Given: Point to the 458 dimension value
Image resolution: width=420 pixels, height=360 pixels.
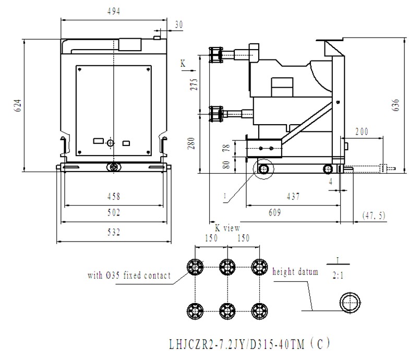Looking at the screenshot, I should tap(113, 197).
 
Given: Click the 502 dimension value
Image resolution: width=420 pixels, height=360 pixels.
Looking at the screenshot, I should tap(113, 212).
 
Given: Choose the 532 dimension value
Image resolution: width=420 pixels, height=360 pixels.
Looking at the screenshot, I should tap(113, 232).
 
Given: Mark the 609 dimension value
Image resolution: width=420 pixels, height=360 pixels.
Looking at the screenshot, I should tap(275, 212).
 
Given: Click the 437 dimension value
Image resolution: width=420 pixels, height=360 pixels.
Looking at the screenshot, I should tap(294, 197).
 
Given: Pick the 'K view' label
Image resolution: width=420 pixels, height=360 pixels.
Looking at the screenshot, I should tap(227, 228).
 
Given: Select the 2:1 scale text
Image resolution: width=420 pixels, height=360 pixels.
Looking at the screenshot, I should tap(338, 278).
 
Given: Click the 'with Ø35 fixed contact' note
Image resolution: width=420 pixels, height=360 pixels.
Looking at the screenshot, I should tap(129, 275).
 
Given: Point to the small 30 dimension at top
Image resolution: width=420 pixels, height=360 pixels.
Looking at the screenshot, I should tap(179, 25).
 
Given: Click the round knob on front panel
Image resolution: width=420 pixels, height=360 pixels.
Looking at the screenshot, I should tap(110, 143).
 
